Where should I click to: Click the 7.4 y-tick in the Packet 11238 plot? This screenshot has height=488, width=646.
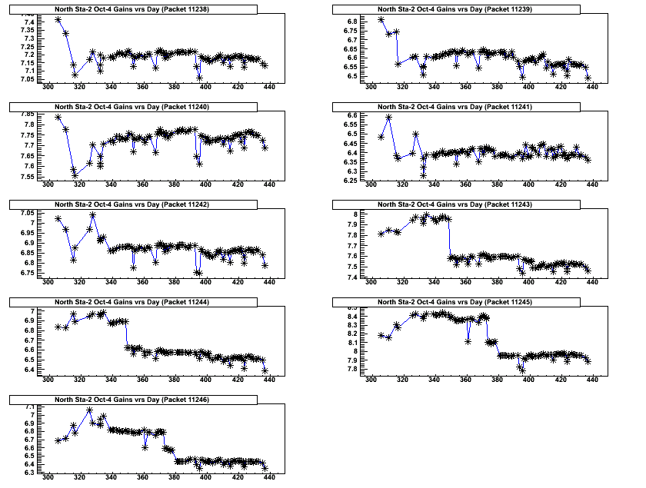[28, 22]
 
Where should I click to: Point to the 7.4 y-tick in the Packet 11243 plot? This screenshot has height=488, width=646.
[353, 277]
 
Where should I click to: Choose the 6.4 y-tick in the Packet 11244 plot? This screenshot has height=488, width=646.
[28, 370]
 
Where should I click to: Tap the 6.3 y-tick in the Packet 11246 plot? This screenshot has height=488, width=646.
[28, 473]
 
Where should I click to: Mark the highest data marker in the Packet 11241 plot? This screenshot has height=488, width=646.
[389, 118]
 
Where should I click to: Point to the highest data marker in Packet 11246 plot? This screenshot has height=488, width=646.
[89, 410]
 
